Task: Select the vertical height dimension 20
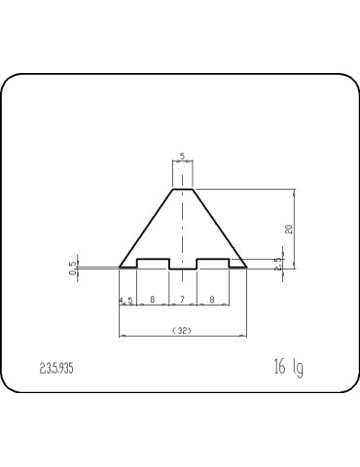(x=289, y=229)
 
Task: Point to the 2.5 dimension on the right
(x=278, y=262)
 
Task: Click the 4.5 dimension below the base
(x=126, y=301)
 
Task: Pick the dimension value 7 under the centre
(x=183, y=301)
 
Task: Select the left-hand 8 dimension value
(x=153, y=301)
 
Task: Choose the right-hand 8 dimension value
(x=212, y=301)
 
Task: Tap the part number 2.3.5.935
(x=57, y=370)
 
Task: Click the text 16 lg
(x=289, y=368)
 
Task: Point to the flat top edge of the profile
(x=183, y=188)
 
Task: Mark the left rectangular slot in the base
(x=153, y=263)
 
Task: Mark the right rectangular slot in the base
(x=212, y=263)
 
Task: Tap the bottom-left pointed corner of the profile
(x=120, y=267)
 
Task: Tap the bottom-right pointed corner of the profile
(x=246, y=267)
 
